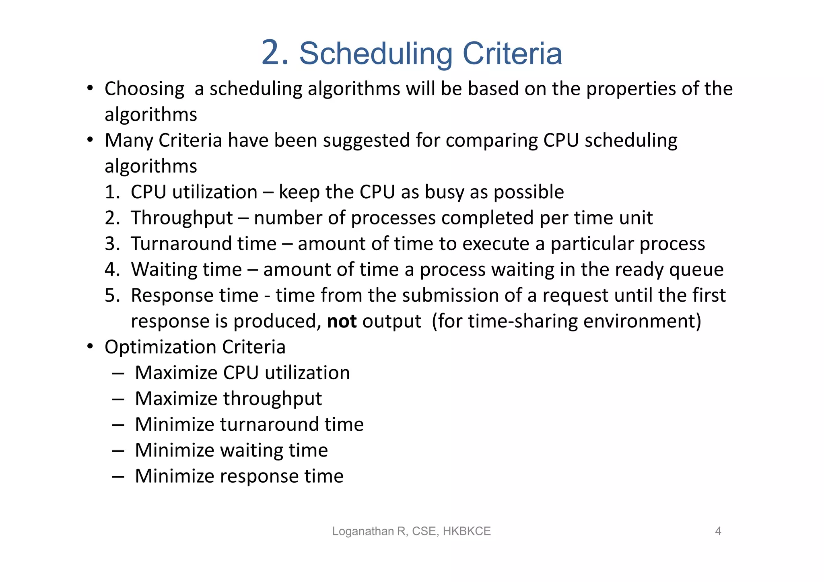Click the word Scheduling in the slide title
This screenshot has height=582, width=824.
point(376,54)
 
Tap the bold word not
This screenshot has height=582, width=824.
point(342,321)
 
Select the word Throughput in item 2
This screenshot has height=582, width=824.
point(182,218)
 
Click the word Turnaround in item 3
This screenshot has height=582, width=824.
point(204,244)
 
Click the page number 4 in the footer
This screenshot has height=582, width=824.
point(718,531)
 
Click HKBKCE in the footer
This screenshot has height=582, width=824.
point(467,531)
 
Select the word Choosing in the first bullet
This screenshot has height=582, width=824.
point(144,89)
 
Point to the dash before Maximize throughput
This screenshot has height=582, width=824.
point(118,399)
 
